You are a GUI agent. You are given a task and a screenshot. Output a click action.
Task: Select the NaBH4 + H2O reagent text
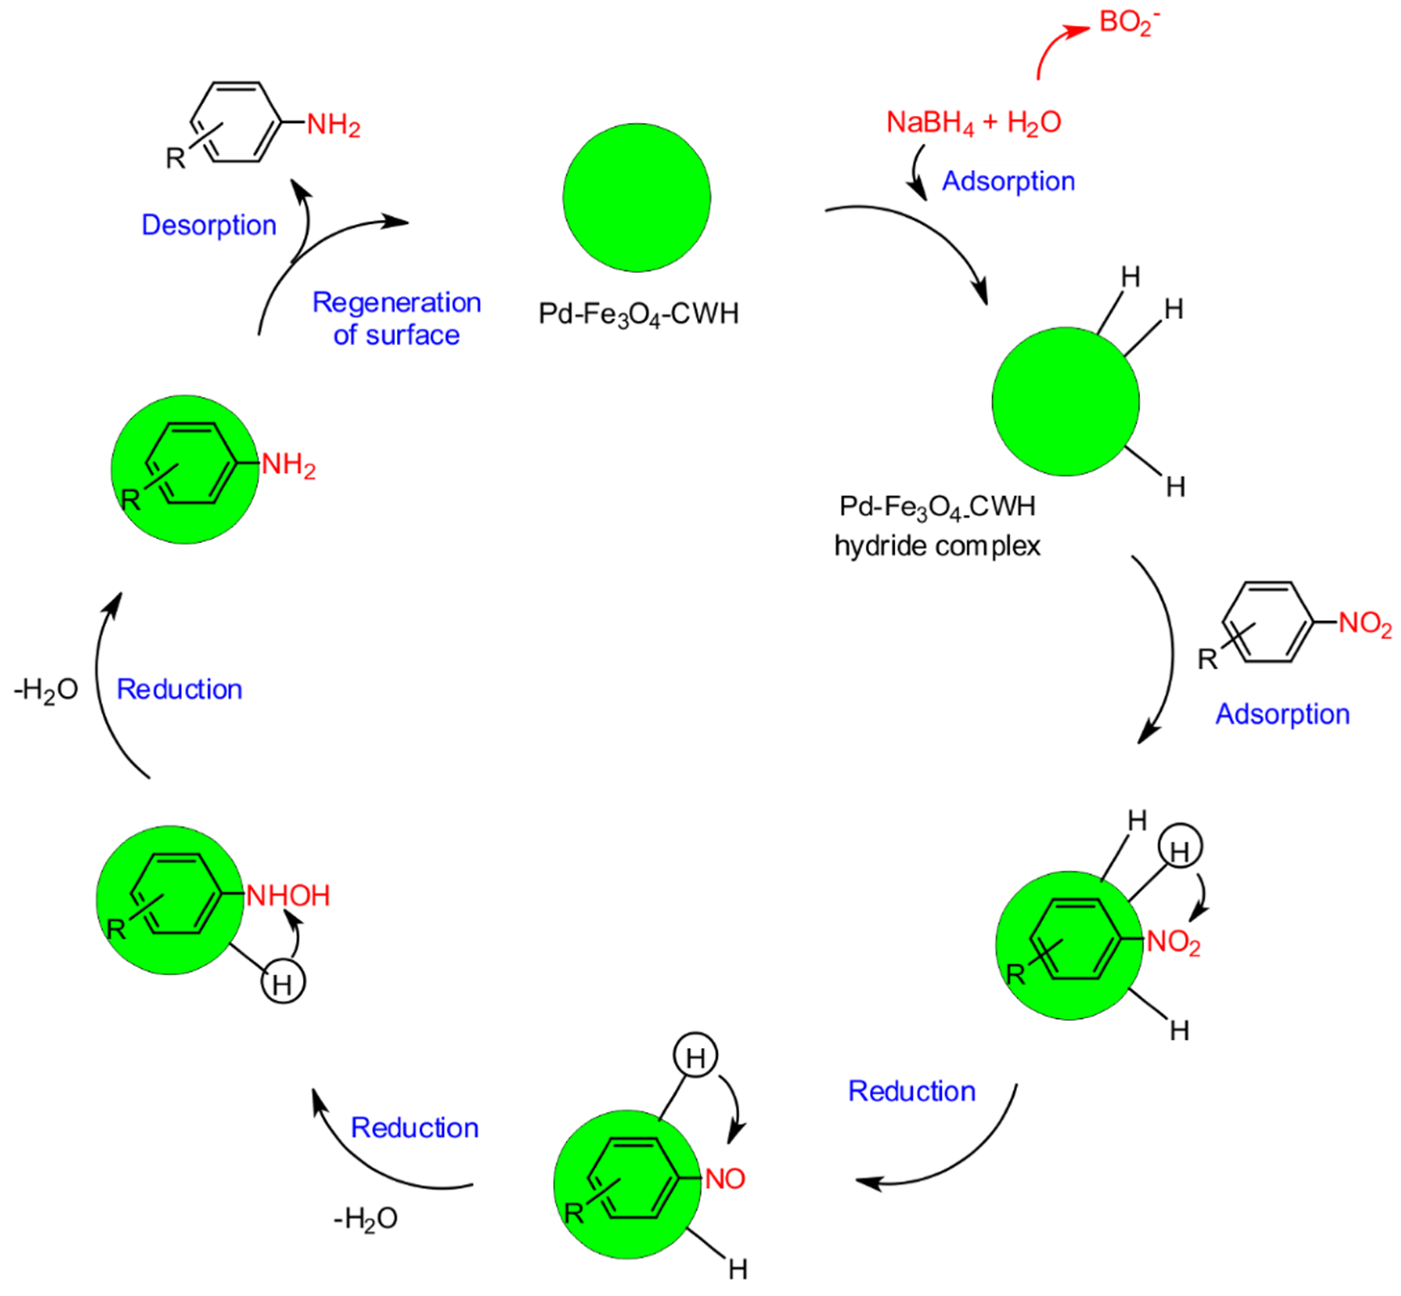click(973, 123)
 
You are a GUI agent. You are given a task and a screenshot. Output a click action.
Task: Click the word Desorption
click(209, 225)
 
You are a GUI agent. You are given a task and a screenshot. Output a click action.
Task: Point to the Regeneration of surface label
click(396, 318)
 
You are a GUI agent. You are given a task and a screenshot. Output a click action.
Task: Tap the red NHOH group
click(288, 896)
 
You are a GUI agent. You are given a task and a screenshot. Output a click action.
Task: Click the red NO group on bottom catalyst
click(725, 1179)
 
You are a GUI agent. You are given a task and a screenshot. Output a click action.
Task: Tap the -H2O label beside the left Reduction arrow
click(46, 690)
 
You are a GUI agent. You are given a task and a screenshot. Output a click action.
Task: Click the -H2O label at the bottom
click(365, 1219)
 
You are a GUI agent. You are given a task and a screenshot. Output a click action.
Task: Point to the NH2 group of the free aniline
click(333, 125)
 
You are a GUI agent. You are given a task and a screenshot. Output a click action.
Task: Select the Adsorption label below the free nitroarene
click(1282, 714)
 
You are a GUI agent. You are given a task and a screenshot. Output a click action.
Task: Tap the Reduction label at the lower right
click(911, 1091)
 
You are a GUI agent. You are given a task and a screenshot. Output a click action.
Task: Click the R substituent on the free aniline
click(175, 158)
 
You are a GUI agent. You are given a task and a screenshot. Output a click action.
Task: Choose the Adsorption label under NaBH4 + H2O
click(1008, 181)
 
